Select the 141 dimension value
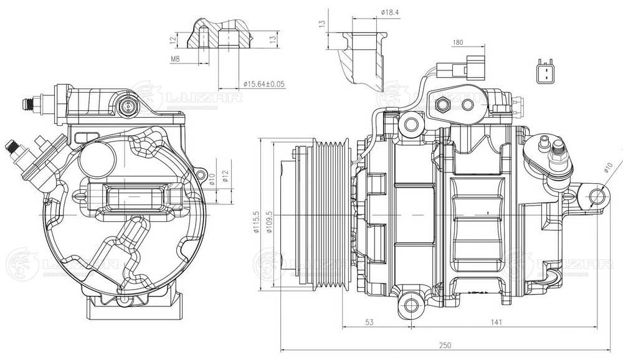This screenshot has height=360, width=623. point(497,322)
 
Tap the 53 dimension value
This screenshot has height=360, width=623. point(370,322)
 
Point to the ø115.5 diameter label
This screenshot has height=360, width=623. point(256,222)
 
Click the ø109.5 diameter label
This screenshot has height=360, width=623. point(269,222)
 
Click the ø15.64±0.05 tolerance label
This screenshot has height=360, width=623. point(263,83)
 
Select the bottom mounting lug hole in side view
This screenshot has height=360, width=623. point(409,303)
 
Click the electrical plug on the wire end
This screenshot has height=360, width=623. point(458,68)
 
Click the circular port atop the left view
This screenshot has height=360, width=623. point(128,107)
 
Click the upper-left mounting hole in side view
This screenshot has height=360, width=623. point(410,125)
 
